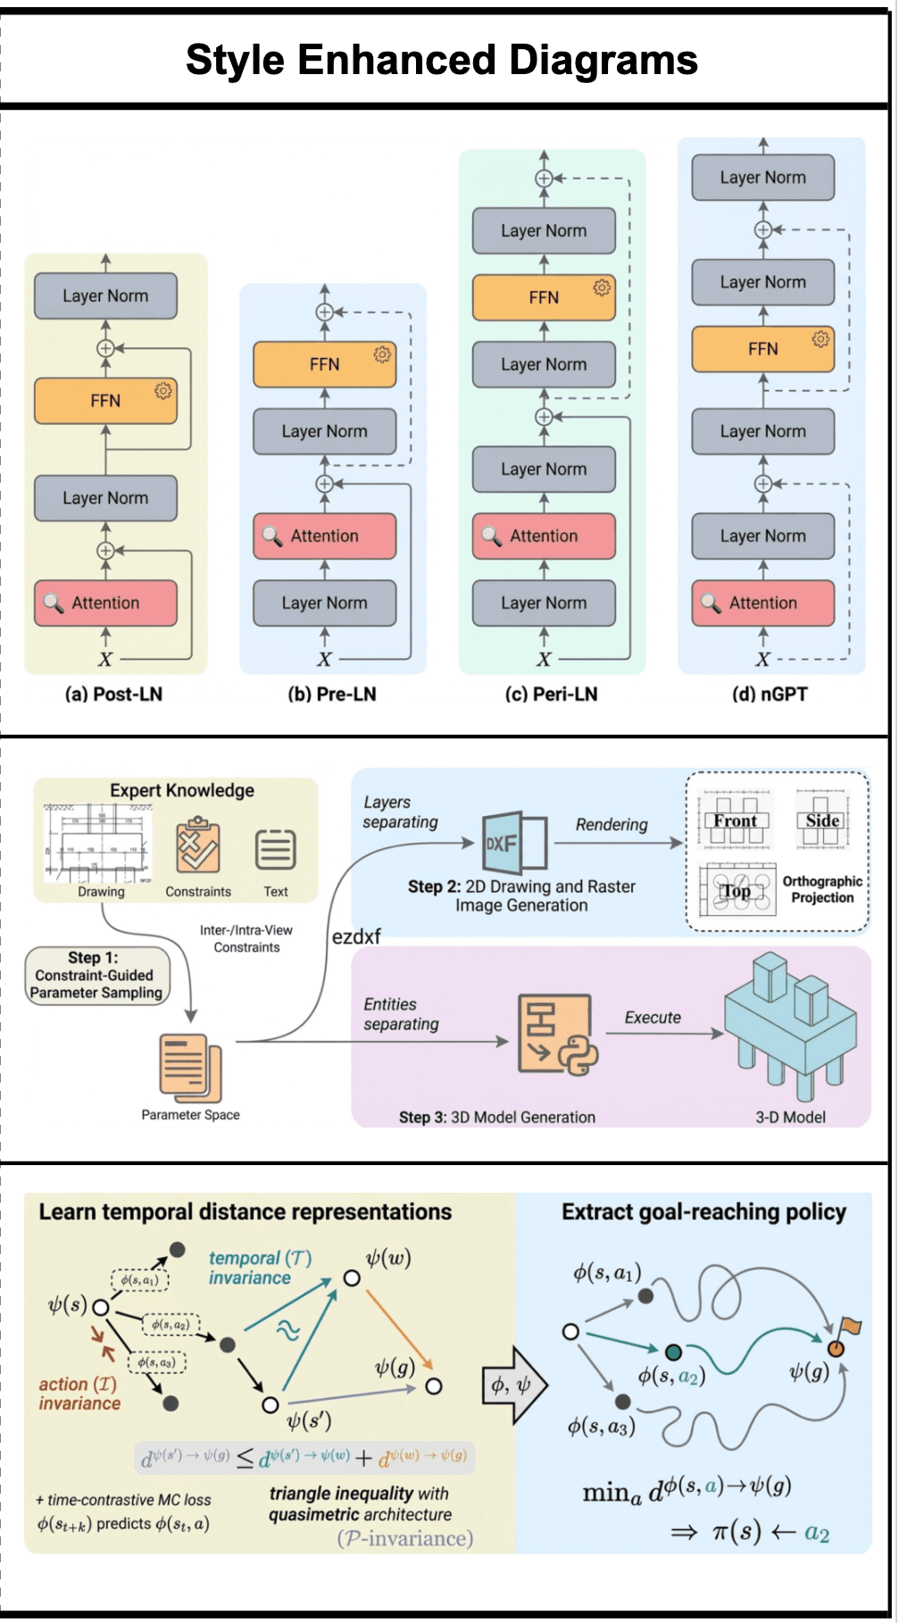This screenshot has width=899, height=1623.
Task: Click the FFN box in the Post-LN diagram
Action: coord(105,401)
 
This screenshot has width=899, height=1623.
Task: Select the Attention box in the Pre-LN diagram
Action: coord(324,536)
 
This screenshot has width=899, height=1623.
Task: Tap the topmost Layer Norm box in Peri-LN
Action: coord(544,230)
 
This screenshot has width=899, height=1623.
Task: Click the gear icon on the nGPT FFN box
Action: coord(820,339)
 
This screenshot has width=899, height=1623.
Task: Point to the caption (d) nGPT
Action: coord(770,694)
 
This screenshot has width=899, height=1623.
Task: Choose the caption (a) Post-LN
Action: coord(113,694)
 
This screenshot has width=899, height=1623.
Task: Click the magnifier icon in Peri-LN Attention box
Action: coord(491,536)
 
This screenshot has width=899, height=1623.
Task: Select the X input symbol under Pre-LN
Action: coord(324,660)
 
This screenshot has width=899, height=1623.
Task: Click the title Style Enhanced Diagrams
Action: coord(441,60)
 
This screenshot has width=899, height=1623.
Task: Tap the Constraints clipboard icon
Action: coord(197,845)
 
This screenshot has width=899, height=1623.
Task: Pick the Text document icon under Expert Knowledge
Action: coord(276,849)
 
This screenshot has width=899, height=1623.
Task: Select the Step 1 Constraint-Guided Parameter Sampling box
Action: coord(96,976)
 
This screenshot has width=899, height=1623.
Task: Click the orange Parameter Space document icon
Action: coord(189,1067)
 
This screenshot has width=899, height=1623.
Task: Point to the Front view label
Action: coord(735,820)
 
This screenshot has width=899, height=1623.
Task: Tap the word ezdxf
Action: coord(356,936)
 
